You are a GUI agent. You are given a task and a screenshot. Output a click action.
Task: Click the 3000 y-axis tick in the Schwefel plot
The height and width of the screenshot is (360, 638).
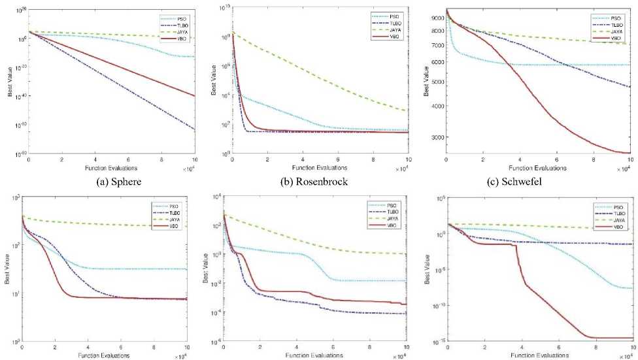436,137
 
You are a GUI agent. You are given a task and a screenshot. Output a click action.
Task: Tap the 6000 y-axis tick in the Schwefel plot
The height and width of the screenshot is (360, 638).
436,62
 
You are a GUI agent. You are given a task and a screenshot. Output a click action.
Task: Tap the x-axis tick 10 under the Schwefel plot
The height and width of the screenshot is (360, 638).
630,159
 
